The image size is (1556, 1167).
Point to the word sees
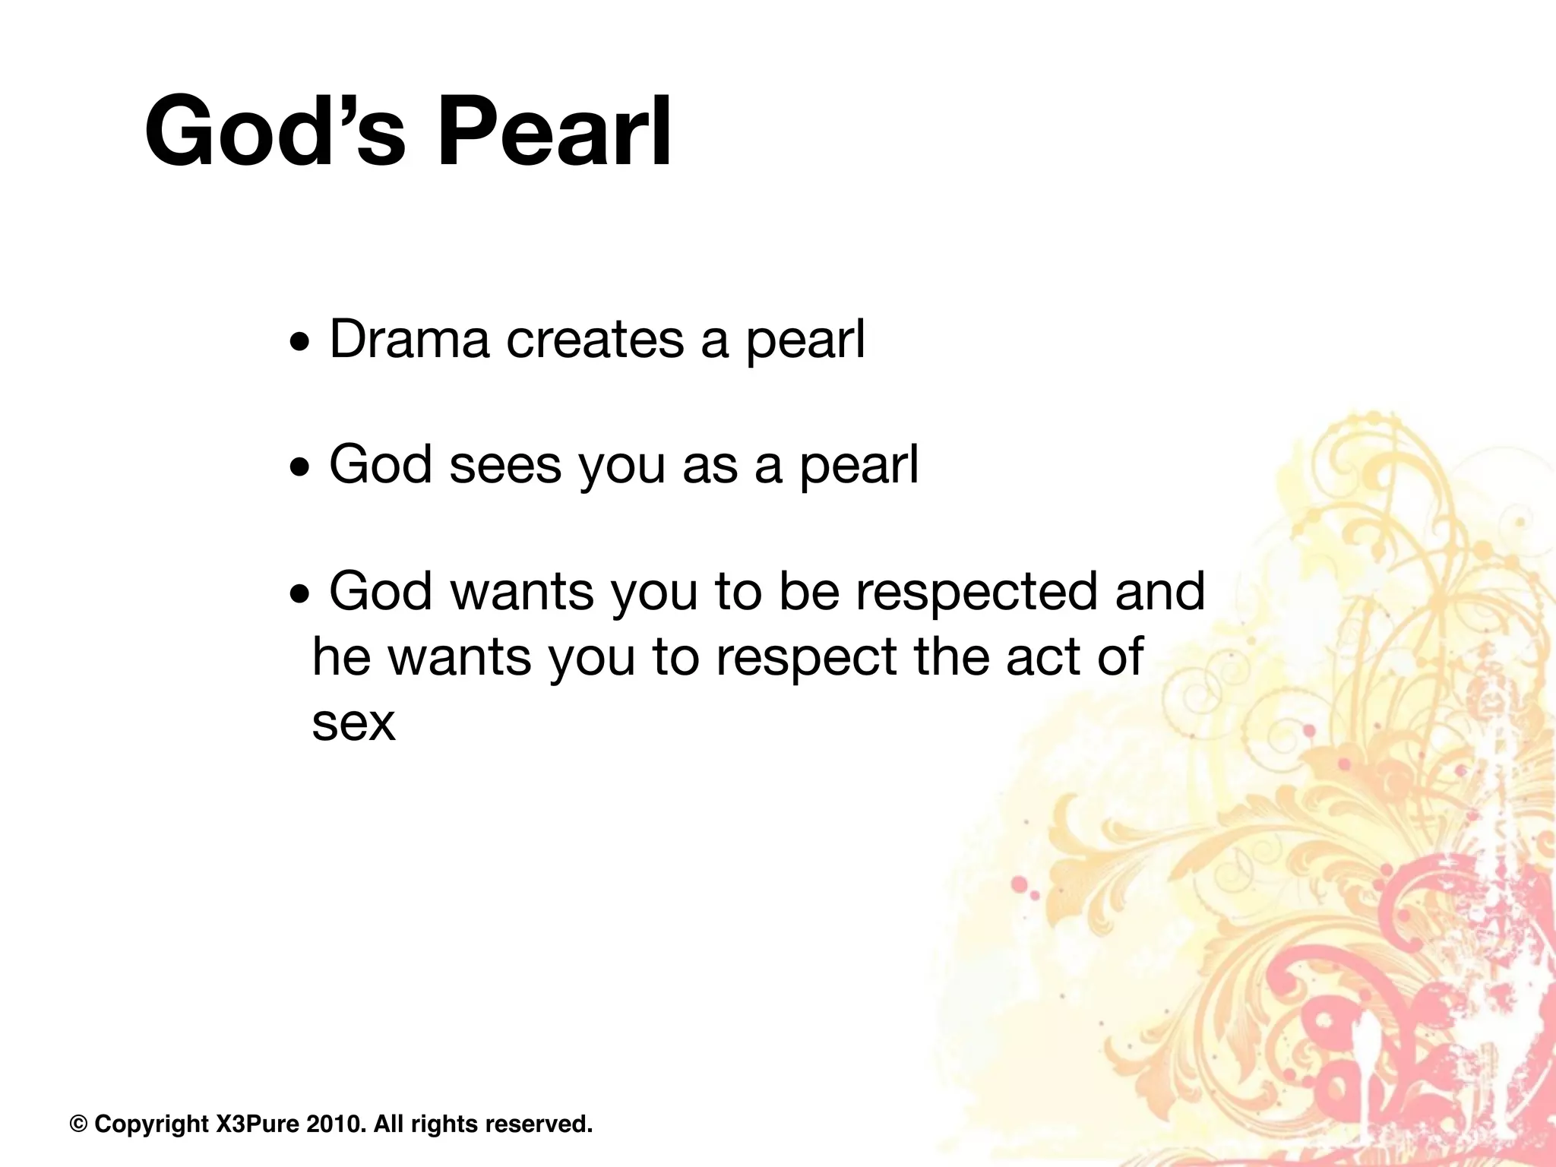504,466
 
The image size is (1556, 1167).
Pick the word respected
976,591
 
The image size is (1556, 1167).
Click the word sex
353,723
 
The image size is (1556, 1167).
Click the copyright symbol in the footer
78,1124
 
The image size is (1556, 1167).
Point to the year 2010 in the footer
334,1124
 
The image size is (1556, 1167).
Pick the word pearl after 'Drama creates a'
805,341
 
